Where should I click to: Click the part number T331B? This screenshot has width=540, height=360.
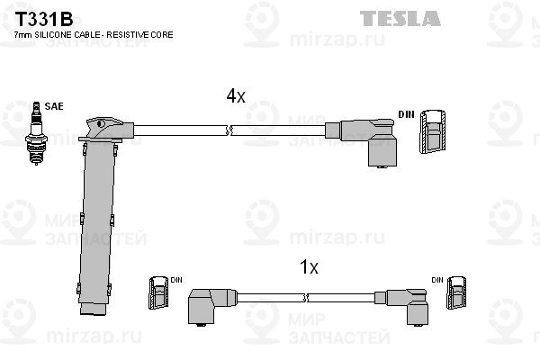44,19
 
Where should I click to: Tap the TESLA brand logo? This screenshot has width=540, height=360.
400,18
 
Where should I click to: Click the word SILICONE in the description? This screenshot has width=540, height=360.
51,35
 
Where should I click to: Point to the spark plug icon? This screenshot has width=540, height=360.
36,133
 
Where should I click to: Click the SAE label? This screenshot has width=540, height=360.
54,106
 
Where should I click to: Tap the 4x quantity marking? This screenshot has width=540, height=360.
236,95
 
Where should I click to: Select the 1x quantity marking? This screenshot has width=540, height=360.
309,267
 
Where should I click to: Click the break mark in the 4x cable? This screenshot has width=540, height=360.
229,130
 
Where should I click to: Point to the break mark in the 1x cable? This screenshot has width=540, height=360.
305,298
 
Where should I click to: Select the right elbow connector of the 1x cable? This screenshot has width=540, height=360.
402,306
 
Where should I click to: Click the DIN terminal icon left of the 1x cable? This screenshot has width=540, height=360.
158,292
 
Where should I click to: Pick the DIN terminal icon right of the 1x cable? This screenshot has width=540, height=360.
456,292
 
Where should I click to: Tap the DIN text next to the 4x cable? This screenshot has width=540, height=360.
406,114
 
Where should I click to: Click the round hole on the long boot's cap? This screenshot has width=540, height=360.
101,123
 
